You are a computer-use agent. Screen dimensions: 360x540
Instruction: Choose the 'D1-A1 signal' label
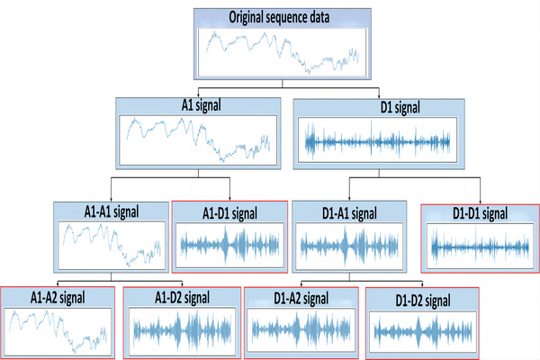coord(349,214)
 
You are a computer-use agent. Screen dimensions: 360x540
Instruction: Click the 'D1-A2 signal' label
coord(301,297)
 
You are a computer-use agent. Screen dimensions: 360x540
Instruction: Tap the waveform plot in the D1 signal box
coord(375,142)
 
